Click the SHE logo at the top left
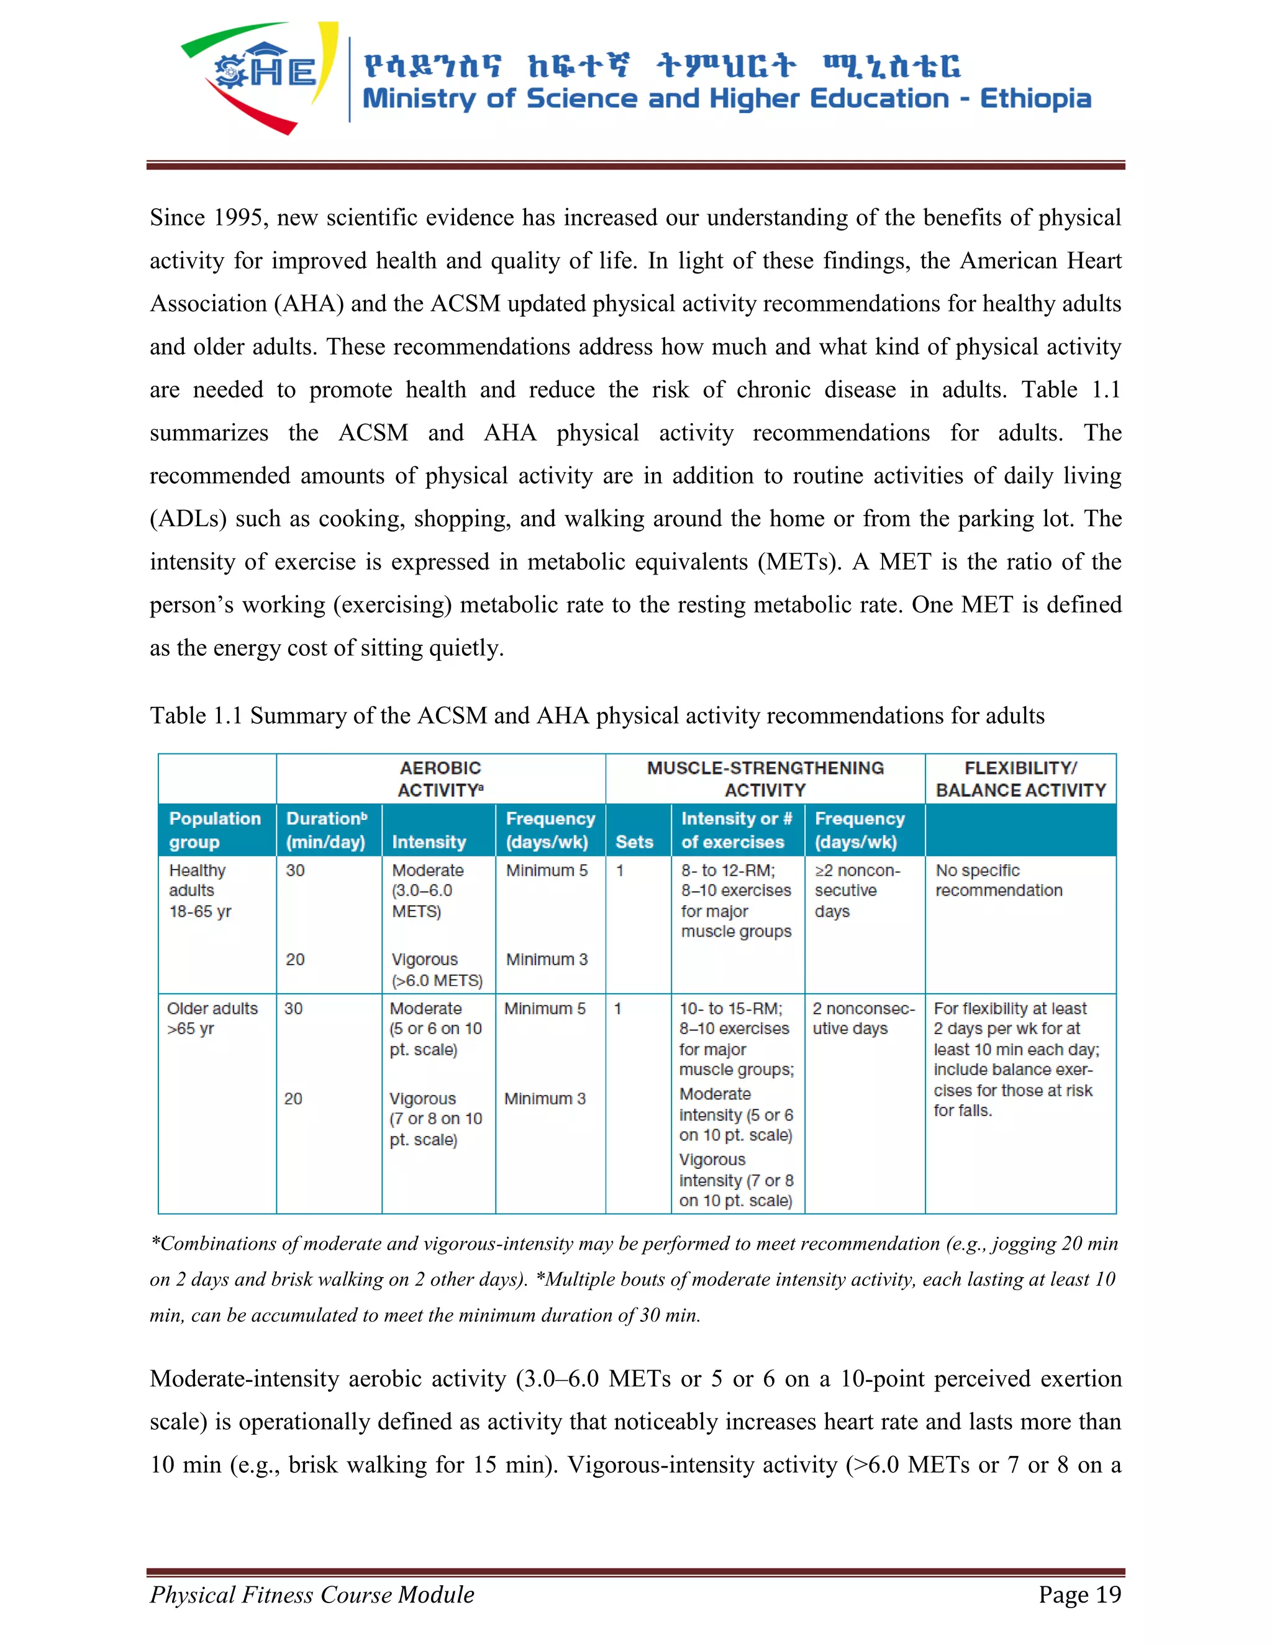point(260,75)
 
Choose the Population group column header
point(215,830)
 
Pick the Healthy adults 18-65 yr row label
point(200,891)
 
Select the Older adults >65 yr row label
point(212,1018)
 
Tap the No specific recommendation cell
point(999,880)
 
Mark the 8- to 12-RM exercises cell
point(735,901)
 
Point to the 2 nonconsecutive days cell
point(863,1018)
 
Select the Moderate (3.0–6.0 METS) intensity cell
point(427,891)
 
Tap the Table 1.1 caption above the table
point(596,715)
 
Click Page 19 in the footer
point(1079,1594)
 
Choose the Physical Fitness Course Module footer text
point(312,1594)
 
